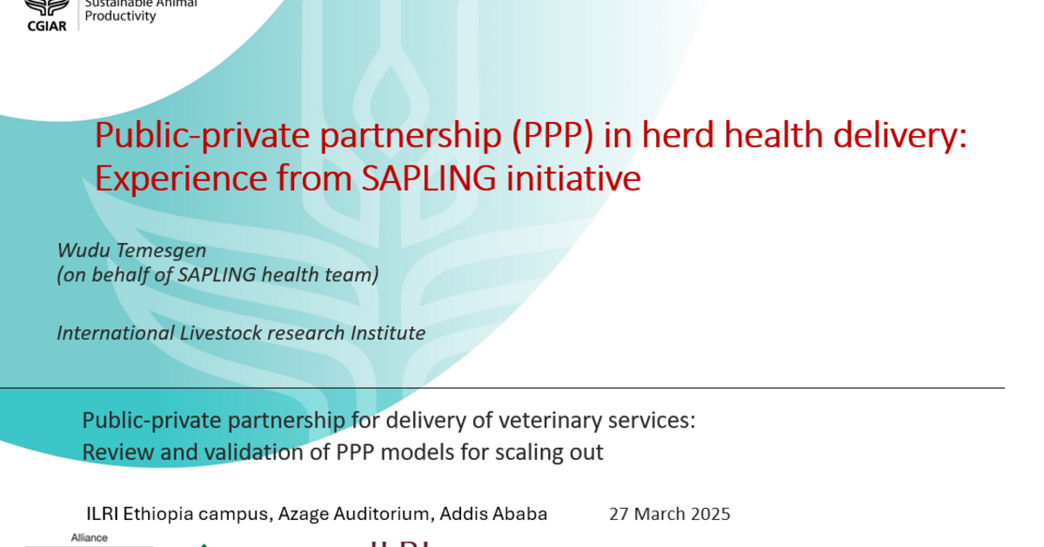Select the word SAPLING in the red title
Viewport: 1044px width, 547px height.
pyautogui.click(x=419, y=179)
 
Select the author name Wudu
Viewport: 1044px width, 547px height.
pyautogui.click(x=80, y=250)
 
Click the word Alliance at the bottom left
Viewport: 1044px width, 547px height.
pyautogui.click(x=89, y=538)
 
